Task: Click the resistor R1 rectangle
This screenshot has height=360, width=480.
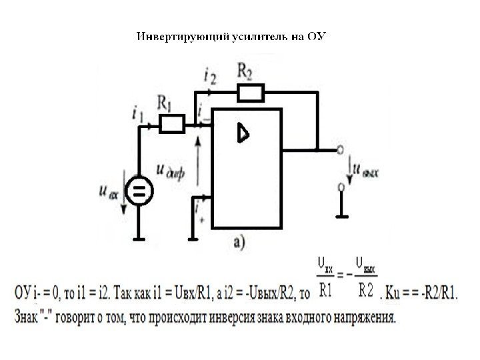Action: tap(173, 124)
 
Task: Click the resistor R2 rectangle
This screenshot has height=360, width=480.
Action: tap(251, 92)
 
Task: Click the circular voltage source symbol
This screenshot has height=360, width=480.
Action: tap(139, 193)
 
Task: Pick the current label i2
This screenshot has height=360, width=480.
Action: tap(211, 76)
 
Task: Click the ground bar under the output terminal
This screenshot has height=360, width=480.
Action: tap(341, 216)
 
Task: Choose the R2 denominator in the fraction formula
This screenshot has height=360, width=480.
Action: tap(366, 289)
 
